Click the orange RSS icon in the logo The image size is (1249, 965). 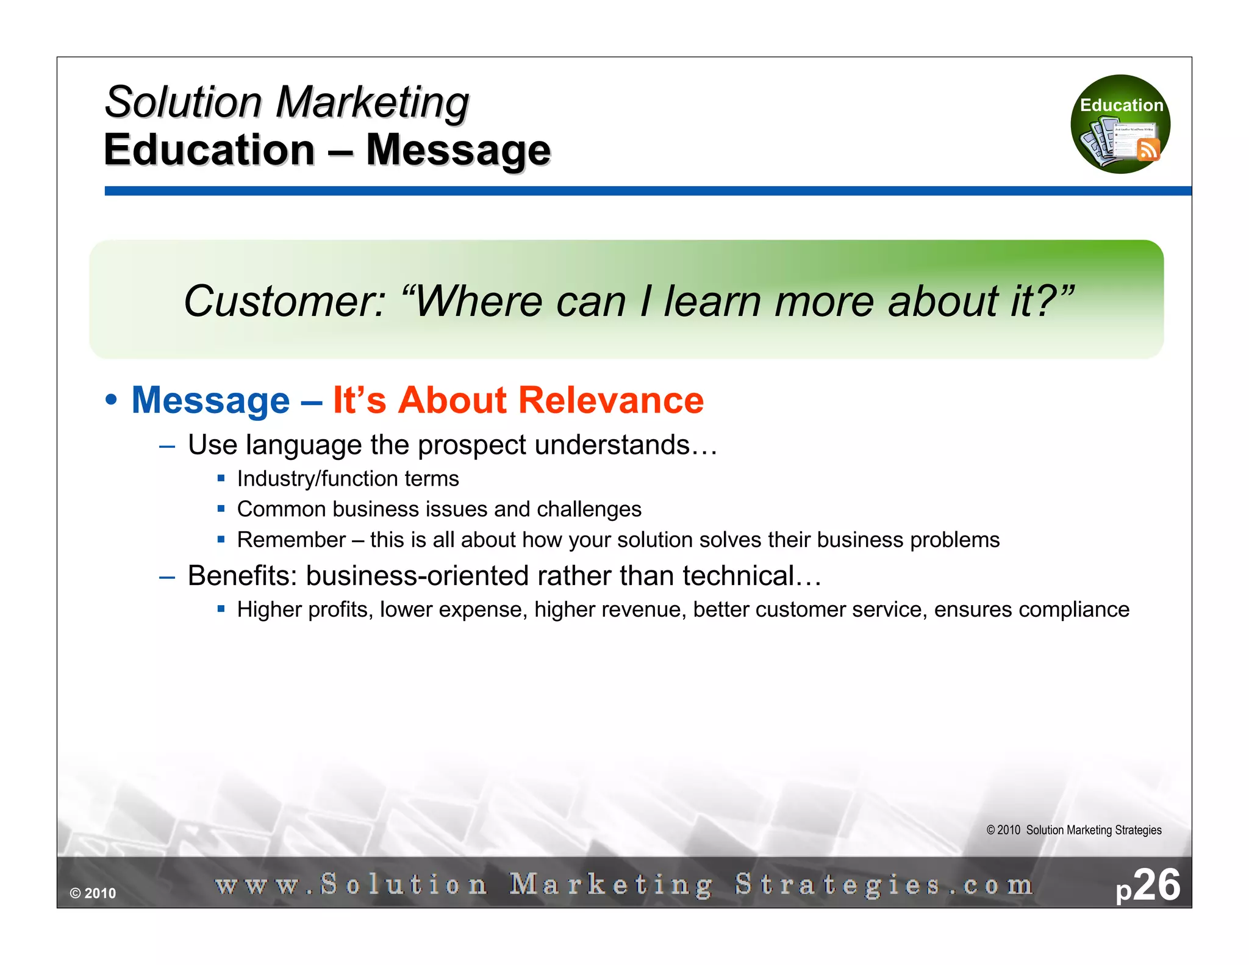[x=1148, y=149]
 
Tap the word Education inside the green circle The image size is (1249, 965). [x=1121, y=105]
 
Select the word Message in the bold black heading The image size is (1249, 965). [x=458, y=151]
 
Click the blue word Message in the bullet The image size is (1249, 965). [x=210, y=401]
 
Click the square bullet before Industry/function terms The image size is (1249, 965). [x=221, y=478]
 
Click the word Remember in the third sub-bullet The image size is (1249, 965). [x=291, y=540]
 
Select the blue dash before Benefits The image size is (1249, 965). [x=167, y=576]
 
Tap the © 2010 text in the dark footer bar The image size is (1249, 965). [x=93, y=894]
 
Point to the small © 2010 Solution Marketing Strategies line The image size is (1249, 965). [x=1073, y=830]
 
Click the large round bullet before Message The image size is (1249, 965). [x=111, y=401]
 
